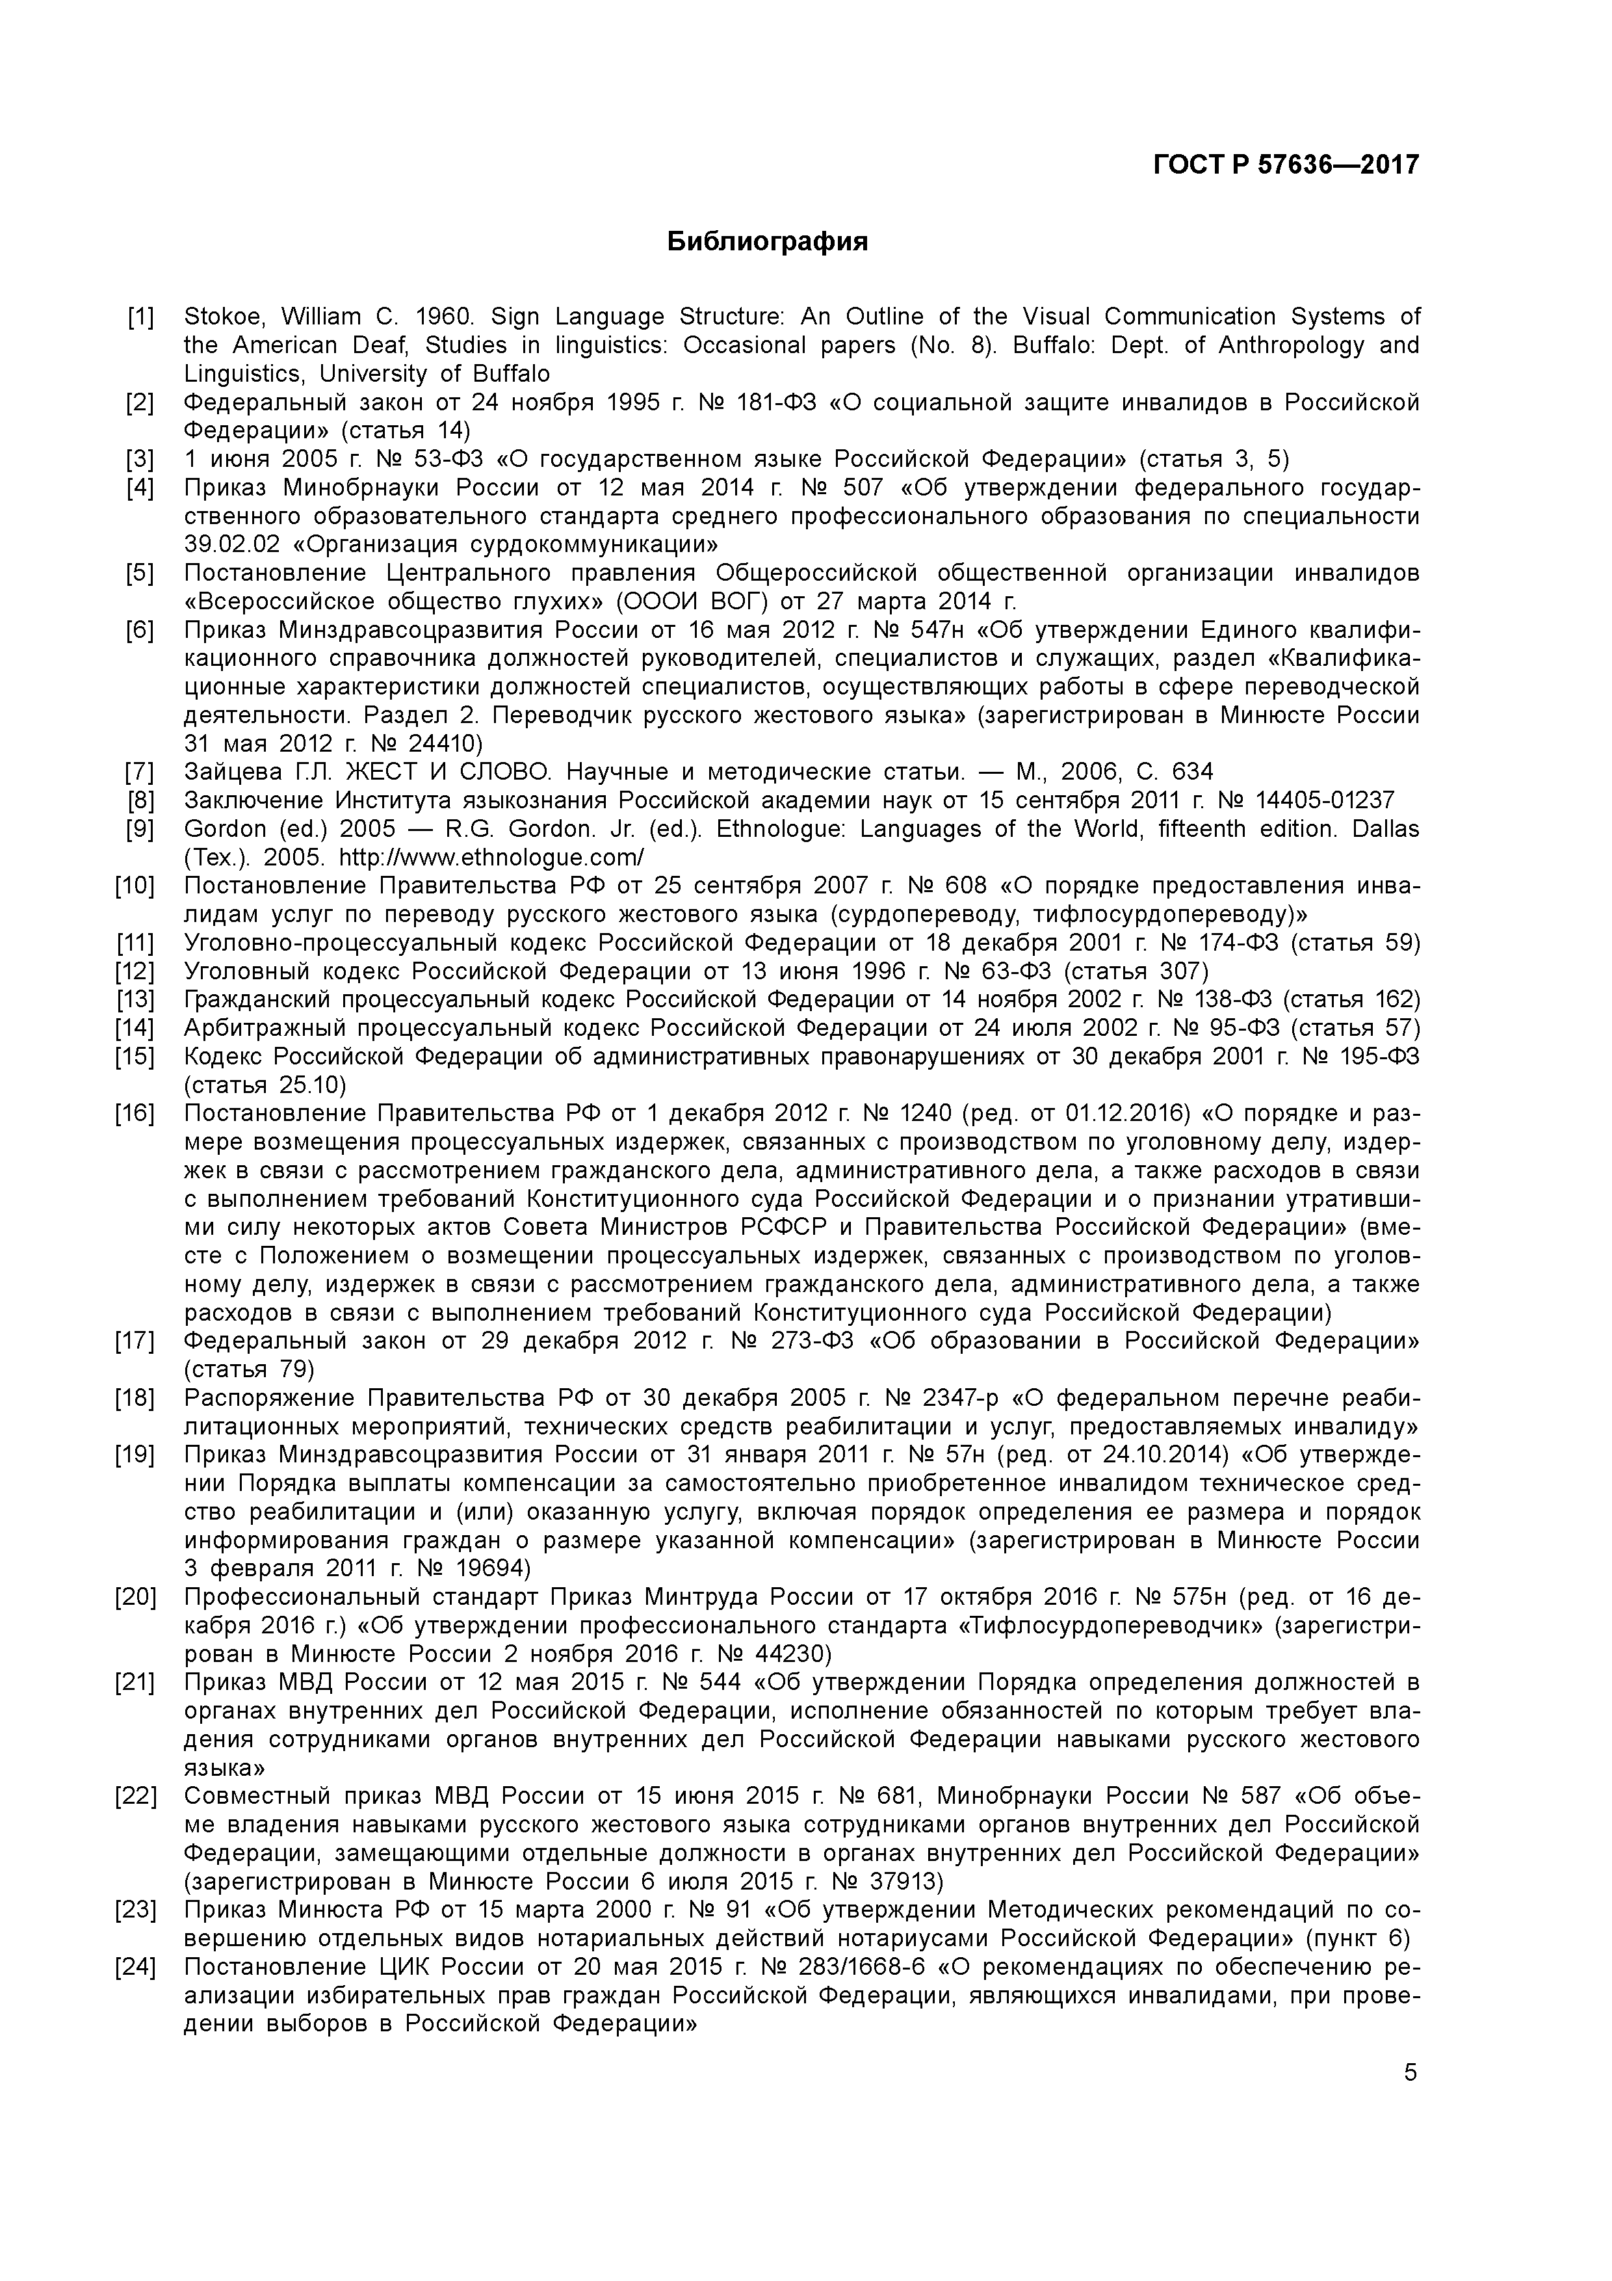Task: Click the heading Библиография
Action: pyautogui.click(x=767, y=241)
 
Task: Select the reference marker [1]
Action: pyautogui.click(x=140, y=317)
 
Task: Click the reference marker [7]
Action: pyautogui.click(x=140, y=772)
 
